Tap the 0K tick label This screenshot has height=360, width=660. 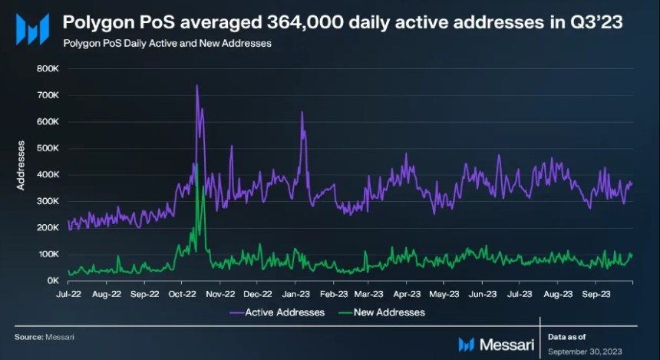(53, 280)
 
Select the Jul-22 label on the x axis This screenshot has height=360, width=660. (68, 293)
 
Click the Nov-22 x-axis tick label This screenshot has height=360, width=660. (221, 293)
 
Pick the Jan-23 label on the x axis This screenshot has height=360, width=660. (295, 293)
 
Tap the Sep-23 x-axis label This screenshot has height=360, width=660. (596, 293)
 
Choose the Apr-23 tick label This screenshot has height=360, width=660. (407, 293)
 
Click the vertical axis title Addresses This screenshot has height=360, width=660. (21, 165)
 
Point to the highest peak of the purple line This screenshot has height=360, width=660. (197, 85)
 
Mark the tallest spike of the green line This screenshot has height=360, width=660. (196, 163)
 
